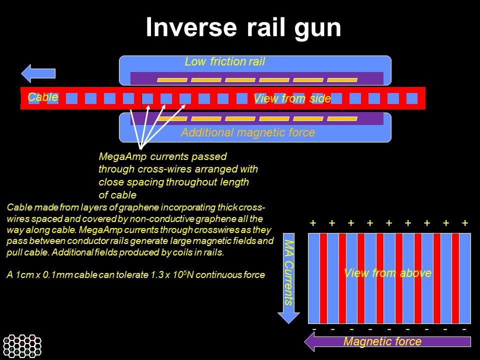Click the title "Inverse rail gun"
[243, 28]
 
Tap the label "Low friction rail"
[224, 62]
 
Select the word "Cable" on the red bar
[42, 97]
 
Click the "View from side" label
[292, 99]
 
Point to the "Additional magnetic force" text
[247, 132]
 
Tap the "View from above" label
[387, 273]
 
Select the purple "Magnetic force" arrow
[387, 342]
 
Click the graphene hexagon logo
[22, 345]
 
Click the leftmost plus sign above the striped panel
[313, 223]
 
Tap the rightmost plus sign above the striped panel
[465, 223]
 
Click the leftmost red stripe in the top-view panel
[323, 278]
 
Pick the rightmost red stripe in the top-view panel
[455, 278]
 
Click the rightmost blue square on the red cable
[411, 98]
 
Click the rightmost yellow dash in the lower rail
[342, 118]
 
